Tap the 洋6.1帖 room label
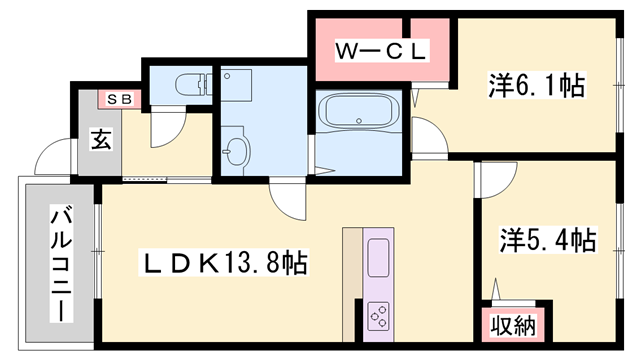point(536,85)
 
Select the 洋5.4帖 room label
point(547,240)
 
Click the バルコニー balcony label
point(61,262)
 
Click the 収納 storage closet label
point(513,325)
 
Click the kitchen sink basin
point(380,259)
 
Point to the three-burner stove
point(380,317)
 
